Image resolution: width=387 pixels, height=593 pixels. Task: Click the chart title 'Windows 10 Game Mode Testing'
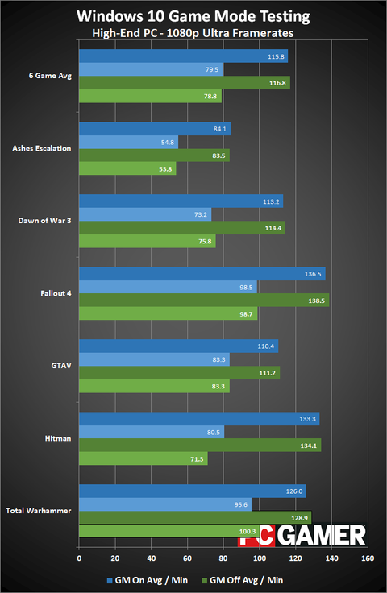193,15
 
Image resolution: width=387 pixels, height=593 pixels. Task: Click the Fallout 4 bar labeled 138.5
204,300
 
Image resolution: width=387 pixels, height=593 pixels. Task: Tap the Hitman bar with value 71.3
143,458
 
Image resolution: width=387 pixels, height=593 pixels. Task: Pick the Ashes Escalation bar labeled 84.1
155,129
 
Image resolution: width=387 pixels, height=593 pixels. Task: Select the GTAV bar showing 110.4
178,346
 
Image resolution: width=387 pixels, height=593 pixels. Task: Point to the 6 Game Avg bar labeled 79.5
151,70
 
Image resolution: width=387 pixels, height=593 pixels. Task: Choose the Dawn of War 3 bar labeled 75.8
147,241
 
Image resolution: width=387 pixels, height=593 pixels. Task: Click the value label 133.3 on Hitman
308,419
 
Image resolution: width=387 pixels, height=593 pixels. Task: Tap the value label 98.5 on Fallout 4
245,287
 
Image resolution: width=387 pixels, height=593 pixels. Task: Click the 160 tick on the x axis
368,558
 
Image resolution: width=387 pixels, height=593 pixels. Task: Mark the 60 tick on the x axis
187,558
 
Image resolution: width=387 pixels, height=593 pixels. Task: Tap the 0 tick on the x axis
79,558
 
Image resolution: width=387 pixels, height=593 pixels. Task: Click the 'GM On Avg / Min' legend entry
146,578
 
